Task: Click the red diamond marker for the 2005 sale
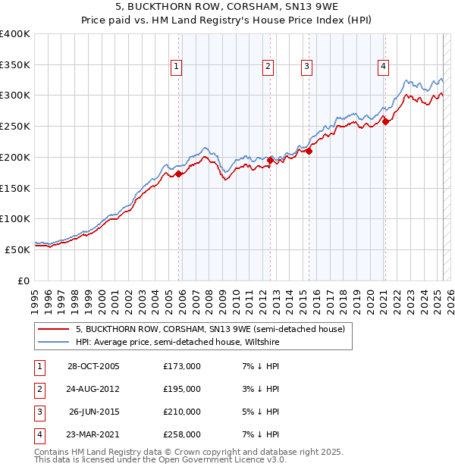[179, 174]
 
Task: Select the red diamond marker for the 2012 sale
[271, 160]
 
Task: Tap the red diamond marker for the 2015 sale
[309, 151]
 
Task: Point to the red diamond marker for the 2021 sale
[385, 121]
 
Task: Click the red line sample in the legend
[53, 329]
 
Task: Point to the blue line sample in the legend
[53, 343]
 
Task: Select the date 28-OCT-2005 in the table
[93, 367]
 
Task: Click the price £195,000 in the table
[182, 390]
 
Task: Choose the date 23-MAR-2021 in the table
[93, 435]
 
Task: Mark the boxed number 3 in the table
[39, 412]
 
